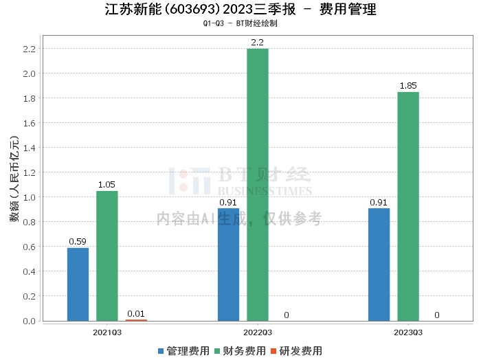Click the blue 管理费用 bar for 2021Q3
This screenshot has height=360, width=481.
click(x=78, y=284)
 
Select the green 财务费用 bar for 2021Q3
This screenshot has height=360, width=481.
click(x=107, y=256)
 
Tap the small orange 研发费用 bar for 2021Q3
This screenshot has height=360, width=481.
click(x=136, y=320)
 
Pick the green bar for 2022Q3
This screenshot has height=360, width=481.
click(x=258, y=185)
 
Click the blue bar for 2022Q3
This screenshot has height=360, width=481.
click(x=229, y=265)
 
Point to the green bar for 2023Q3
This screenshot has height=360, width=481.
click(x=408, y=206)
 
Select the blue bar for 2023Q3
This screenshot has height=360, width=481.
click(x=379, y=265)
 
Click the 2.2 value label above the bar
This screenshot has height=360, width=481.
click(x=258, y=42)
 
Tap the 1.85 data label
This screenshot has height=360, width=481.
click(x=408, y=86)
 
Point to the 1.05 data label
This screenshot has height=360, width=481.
click(x=107, y=184)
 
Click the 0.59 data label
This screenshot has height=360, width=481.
click(x=78, y=241)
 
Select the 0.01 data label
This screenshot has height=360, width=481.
click(x=136, y=313)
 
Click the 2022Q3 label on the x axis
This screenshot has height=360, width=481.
click(x=258, y=333)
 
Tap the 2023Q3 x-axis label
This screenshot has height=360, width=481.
click(x=408, y=333)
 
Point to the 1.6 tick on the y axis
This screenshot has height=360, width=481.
click(x=30, y=123)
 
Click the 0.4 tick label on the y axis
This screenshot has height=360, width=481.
click(x=30, y=271)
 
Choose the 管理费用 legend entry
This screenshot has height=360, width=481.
click(x=183, y=351)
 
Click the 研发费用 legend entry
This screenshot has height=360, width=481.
click(x=297, y=351)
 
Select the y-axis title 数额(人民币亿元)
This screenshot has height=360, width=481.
click(x=14, y=179)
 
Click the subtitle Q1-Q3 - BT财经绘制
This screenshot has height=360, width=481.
click(x=240, y=23)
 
